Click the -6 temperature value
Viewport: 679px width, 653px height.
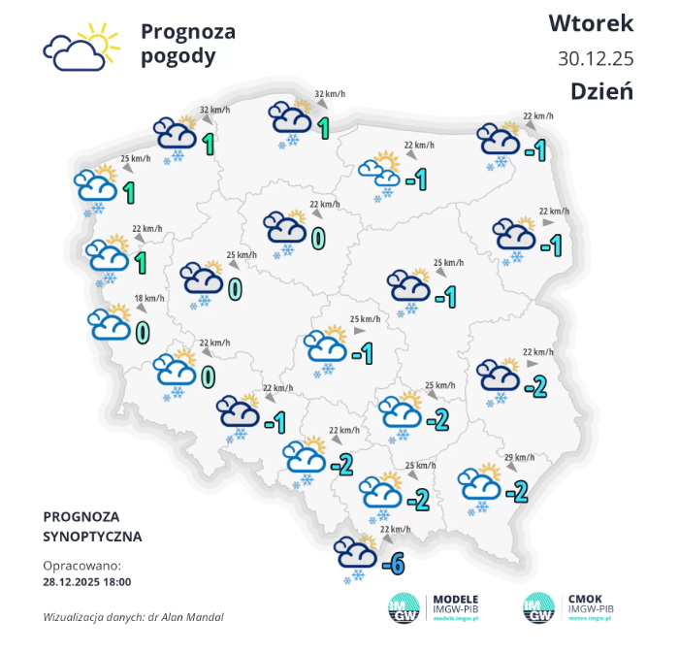pos(393,562)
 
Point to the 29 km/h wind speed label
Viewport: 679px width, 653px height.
pos(519,457)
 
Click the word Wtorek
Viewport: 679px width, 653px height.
pos(591,22)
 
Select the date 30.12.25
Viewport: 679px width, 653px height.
pos(596,57)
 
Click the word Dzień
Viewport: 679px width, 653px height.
pos(601,91)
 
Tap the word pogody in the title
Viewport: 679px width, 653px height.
pos(178,56)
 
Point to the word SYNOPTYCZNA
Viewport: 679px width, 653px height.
pos(92,536)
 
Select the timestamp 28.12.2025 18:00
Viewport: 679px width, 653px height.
pos(87,582)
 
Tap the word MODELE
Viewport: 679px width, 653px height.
pos(454,600)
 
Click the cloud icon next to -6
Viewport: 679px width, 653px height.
pos(354,555)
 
